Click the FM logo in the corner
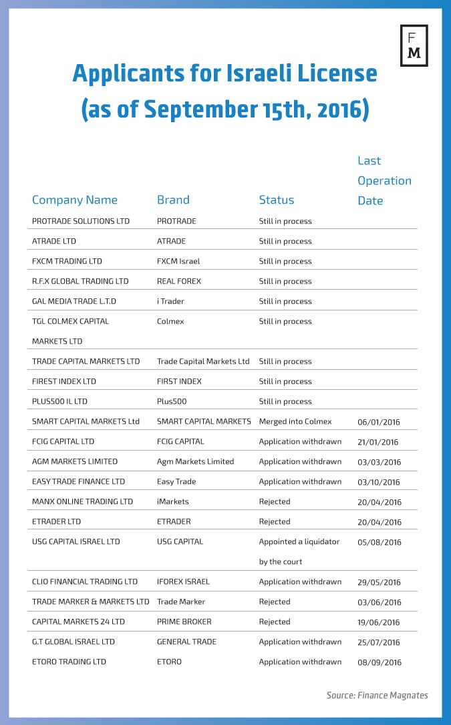pos(414,45)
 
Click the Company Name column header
pos(75,200)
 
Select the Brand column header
pos(173,200)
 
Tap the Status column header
pos(277,200)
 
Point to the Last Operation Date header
pos(384,180)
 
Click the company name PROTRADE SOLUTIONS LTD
pos(81,221)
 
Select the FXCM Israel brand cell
pos(178,261)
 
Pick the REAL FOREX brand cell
pos(179,281)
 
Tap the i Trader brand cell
pos(170,301)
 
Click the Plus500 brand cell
pos(172,401)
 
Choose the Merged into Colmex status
pos(295,421)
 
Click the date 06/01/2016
pos(379,422)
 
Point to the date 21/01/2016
pos(378,442)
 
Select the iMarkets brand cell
pos(173,501)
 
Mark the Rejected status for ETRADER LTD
pos(275,521)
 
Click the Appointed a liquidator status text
pos(299,541)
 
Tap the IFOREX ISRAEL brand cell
pos(183,581)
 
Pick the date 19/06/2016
pos(379,622)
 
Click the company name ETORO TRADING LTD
pos(69,662)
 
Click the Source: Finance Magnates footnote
pos(377,695)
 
